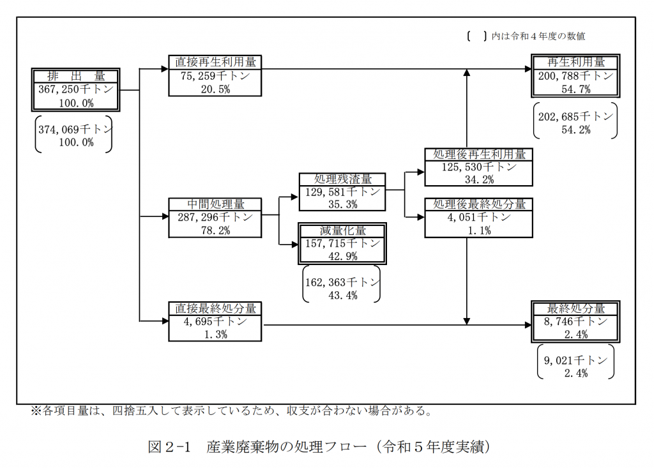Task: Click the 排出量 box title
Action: point(76,77)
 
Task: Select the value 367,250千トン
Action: point(76,89)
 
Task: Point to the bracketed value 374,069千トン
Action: point(75,130)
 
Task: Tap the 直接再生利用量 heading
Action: point(215,62)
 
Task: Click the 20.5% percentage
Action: point(215,89)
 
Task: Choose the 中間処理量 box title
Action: point(215,204)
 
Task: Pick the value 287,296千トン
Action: point(215,217)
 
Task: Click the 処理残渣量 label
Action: point(342,179)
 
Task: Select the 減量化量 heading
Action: point(342,230)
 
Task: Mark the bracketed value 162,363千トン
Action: point(342,282)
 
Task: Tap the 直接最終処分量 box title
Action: point(215,308)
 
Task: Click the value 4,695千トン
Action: point(215,322)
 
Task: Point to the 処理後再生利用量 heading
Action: point(479,155)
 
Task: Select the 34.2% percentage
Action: point(479,180)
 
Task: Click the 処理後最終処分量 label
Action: point(479,204)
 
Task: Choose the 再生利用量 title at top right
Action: point(575,62)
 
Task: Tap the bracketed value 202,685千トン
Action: point(575,116)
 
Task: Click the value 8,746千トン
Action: point(575,322)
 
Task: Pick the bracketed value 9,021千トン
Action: point(575,360)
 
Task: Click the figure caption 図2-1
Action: point(169,447)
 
